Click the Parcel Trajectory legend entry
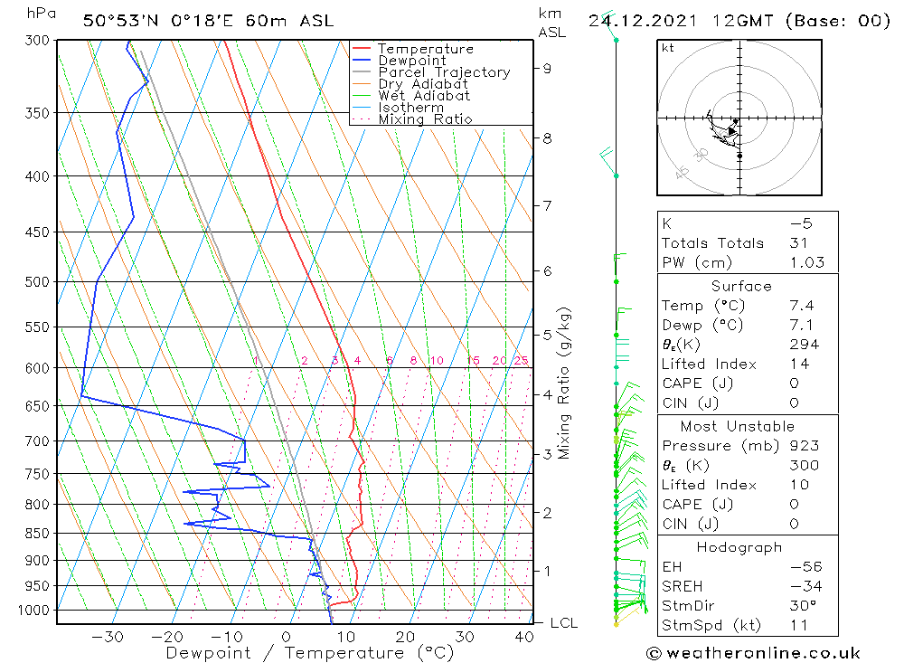pos(444,72)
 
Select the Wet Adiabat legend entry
pos(424,96)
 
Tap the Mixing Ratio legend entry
pos(425,119)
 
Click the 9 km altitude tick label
pos(548,68)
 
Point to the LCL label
pos(563,623)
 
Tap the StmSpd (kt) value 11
pos(796,625)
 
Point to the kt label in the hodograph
pos(668,48)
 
